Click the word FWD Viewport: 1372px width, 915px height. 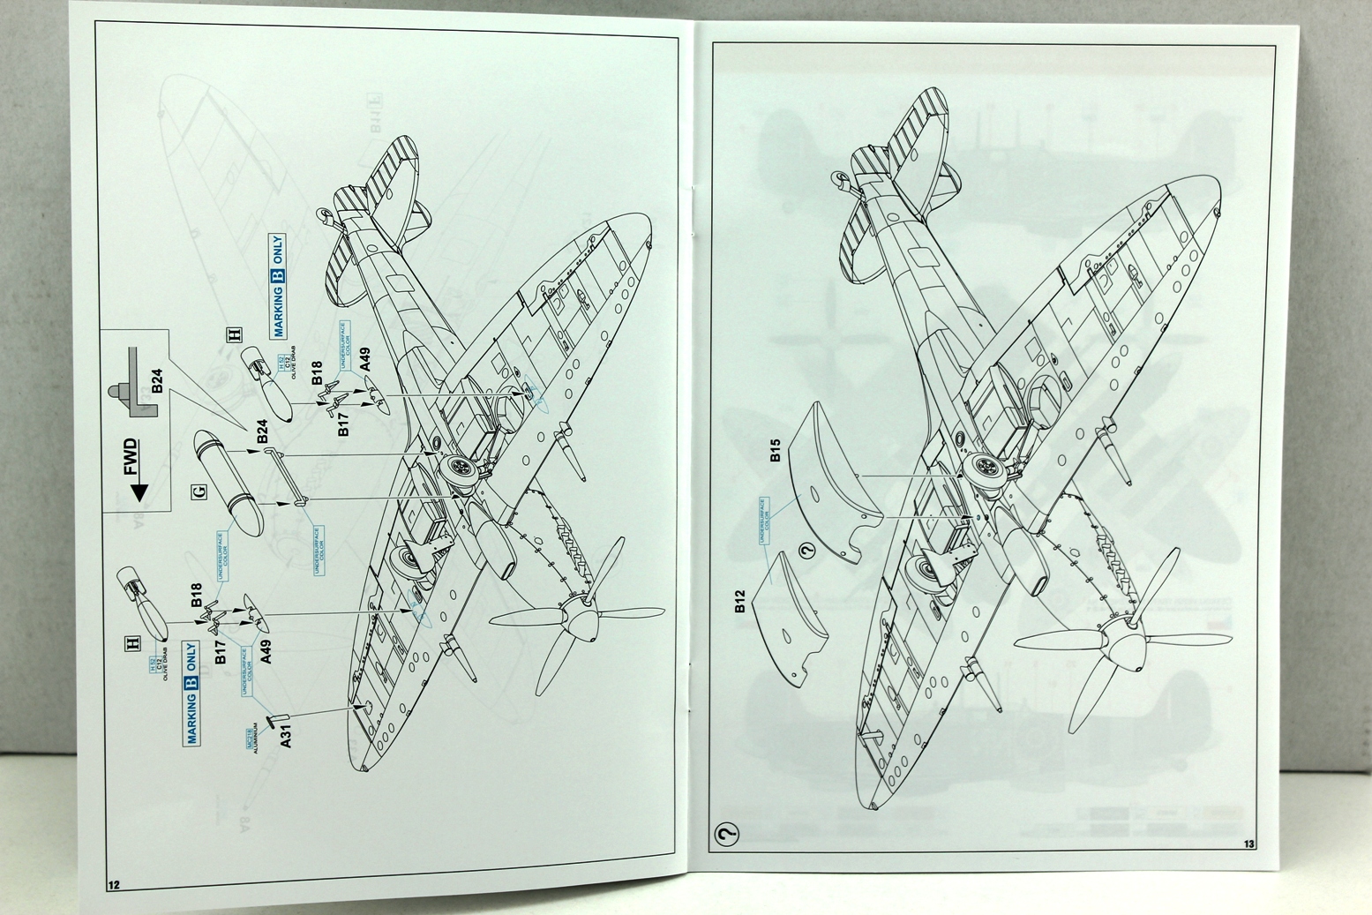[x=130, y=458]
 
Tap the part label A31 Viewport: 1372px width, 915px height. [x=284, y=736]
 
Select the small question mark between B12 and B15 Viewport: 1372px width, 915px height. [x=805, y=553]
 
